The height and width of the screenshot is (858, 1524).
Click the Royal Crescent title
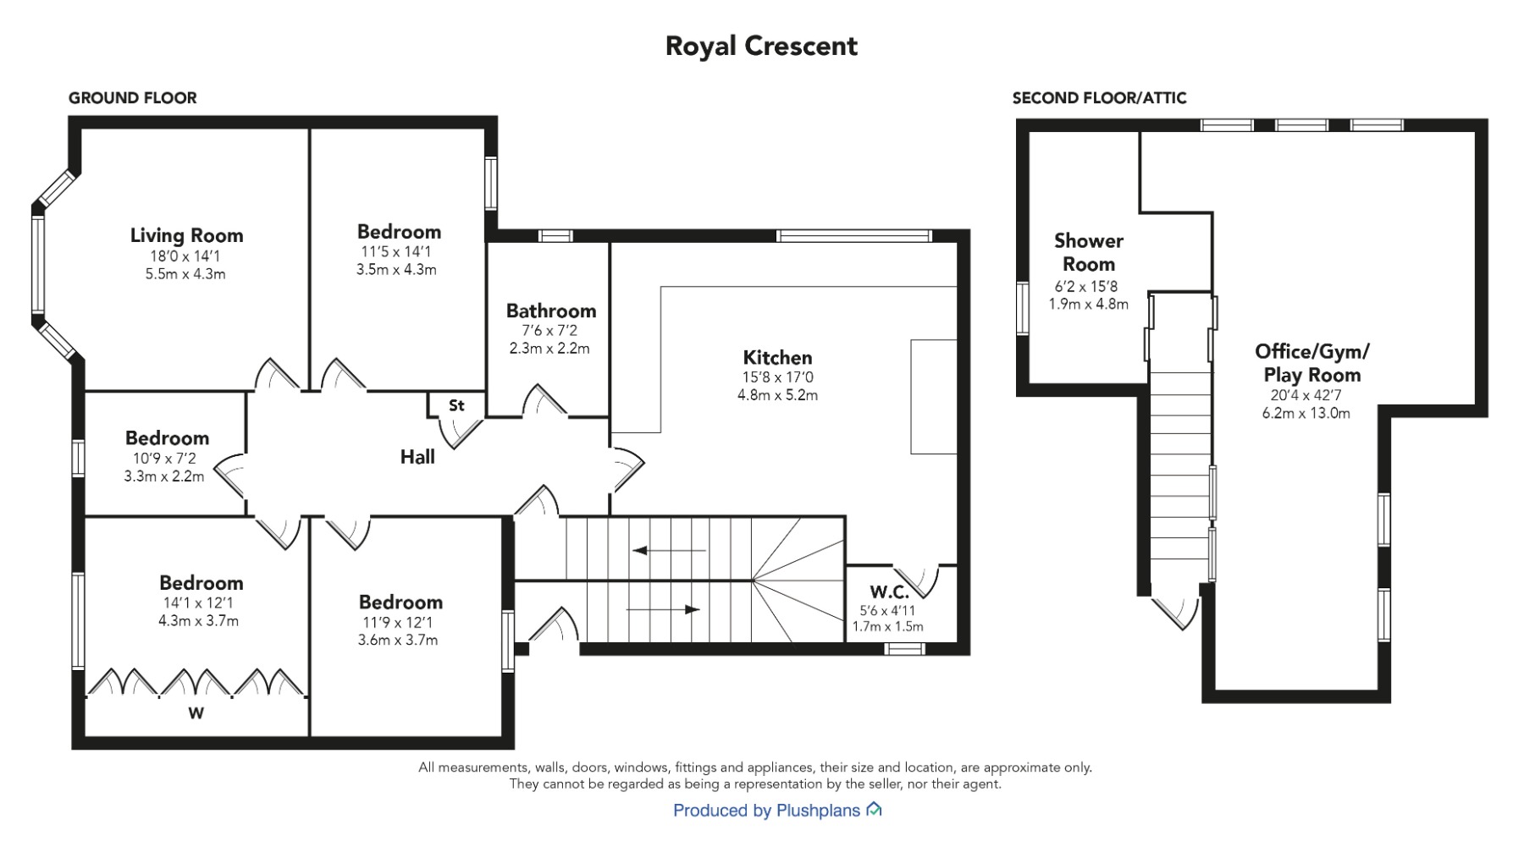coord(761,46)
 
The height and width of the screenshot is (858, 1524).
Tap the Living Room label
coord(186,235)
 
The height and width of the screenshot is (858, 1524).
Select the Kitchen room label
coord(777,357)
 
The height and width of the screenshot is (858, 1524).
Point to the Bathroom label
coord(551,311)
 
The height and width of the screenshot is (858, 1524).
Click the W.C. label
coord(889,591)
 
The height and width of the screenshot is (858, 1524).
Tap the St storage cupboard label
coord(456,405)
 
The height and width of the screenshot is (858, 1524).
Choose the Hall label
coord(417,457)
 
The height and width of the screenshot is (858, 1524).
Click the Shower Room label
coord(1089,252)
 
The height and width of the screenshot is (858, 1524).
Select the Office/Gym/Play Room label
coord(1312,363)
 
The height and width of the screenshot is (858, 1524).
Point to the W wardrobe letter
coord(196,713)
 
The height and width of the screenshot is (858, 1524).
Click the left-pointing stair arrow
coord(669,551)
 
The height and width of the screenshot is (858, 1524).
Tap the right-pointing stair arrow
coord(663,609)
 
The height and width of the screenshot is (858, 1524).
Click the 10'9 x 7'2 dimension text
coord(164,459)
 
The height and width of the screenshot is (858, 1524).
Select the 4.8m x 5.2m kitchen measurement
coord(777,395)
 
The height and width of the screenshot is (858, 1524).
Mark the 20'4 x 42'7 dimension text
coord(1306,395)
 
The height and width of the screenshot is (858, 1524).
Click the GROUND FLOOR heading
coord(133,98)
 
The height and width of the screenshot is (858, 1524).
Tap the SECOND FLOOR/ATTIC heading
coord(1100,98)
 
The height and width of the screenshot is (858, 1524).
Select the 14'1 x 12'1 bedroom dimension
coord(196,603)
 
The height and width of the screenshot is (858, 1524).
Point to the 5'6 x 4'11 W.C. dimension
coord(887,610)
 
